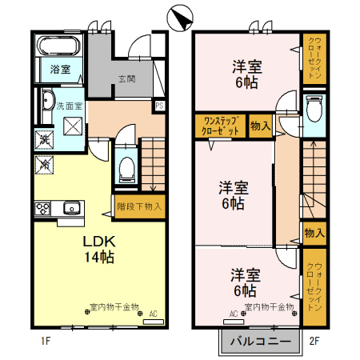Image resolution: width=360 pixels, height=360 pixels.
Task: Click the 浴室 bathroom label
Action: (x=60, y=70)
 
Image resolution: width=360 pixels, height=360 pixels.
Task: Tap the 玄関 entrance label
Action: (x=127, y=78)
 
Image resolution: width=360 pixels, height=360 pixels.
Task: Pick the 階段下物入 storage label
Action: (x=139, y=206)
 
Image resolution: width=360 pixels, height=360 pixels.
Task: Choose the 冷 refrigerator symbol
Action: (x=45, y=166)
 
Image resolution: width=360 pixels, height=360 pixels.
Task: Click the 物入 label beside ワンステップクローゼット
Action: (x=260, y=125)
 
